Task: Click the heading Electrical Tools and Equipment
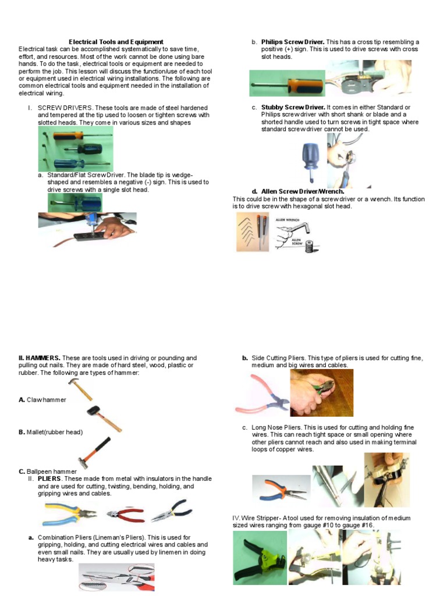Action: coord(116,42)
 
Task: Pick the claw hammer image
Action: coord(80,389)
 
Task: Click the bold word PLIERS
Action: coord(49,478)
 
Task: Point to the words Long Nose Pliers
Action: coord(274,427)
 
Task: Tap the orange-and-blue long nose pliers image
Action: coord(279,487)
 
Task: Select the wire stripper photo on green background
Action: coord(260,558)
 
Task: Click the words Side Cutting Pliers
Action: coord(278,358)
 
